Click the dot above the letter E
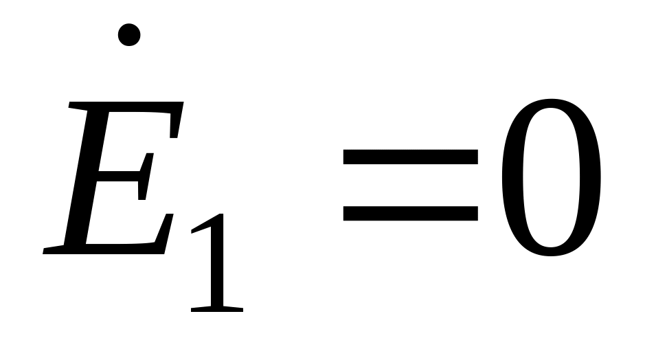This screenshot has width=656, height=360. [129, 34]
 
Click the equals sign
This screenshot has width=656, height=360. [410, 186]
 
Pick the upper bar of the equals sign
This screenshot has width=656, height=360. [410, 159]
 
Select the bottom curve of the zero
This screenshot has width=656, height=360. [551, 253]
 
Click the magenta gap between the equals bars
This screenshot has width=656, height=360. [410, 186]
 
